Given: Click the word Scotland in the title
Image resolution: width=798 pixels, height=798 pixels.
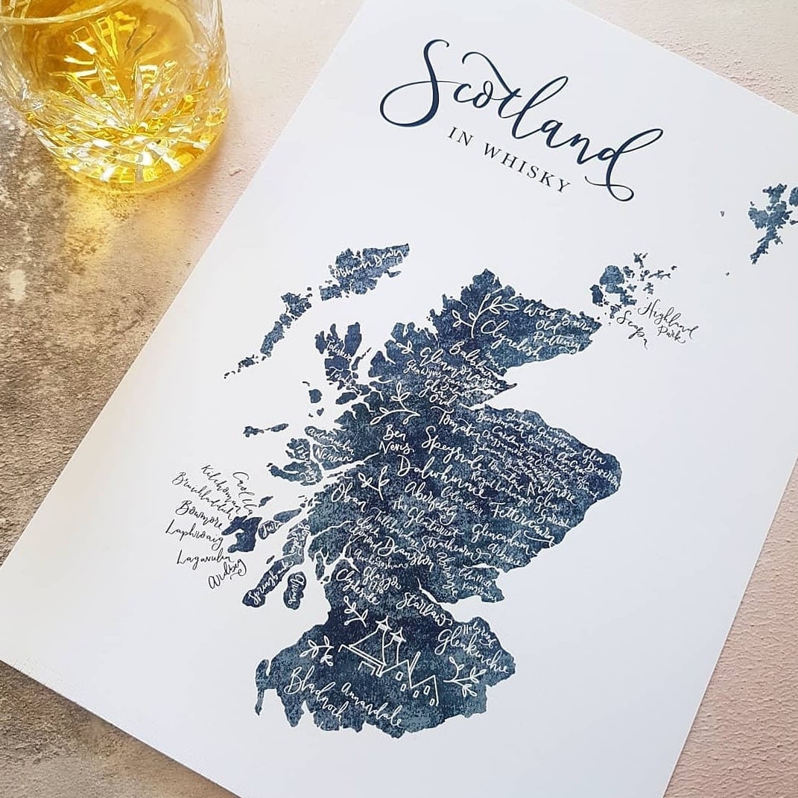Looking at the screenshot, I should [514, 112].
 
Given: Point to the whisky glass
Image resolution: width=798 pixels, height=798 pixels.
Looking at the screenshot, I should [112, 82].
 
